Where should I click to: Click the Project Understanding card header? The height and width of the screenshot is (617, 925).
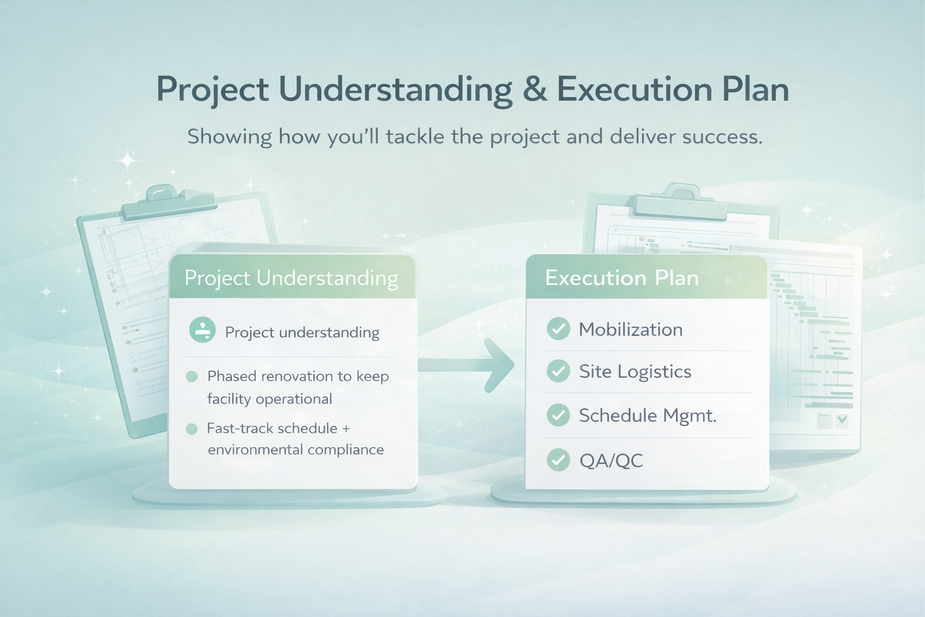[292, 278]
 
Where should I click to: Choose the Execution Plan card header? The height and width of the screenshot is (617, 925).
[646, 278]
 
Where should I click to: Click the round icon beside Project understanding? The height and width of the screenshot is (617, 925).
[202, 330]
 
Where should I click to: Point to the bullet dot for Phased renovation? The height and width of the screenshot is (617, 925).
[192, 377]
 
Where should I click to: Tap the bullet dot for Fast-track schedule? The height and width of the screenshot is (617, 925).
[192, 429]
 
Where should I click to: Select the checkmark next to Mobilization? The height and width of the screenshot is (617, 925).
[558, 329]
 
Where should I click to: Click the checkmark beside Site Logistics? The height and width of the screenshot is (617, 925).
[558, 371]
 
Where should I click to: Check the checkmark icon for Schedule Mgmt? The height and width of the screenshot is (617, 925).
[558, 415]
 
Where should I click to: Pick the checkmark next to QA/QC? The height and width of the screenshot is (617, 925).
[558, 460]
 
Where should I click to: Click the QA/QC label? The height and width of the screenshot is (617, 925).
[611, 461]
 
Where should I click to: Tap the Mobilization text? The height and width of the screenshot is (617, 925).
[631, 330]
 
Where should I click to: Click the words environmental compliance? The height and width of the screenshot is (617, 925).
[296, 450]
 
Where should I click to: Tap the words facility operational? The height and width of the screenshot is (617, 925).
[269, 399]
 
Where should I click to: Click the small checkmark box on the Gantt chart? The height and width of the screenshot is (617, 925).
[842, 420]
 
